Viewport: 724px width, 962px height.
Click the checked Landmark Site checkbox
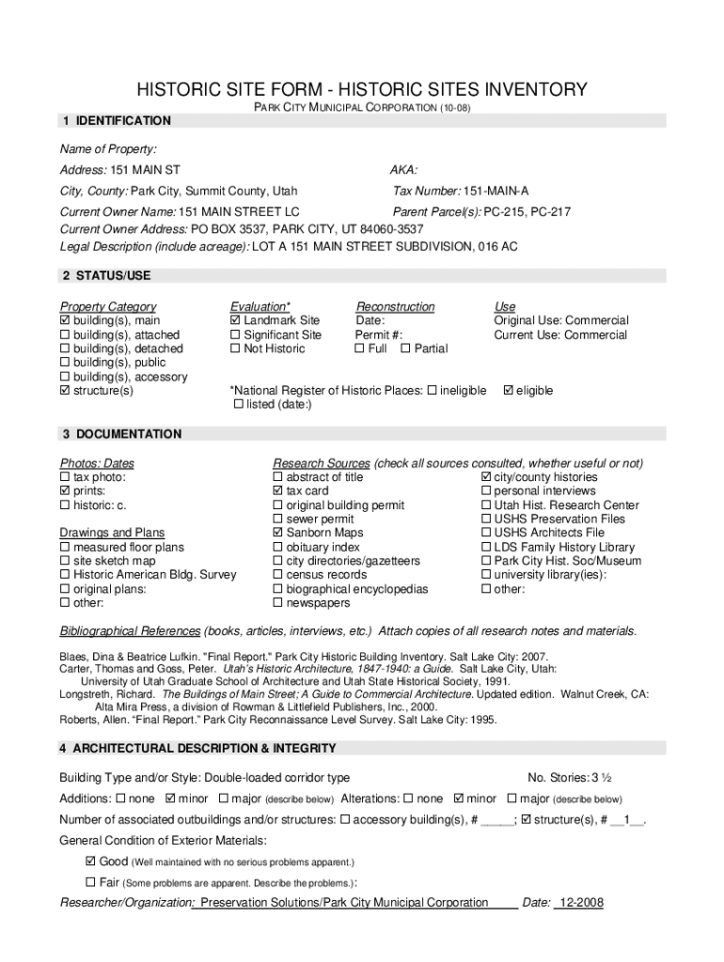click(235, 321)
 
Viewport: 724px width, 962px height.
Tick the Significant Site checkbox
click(235, 335)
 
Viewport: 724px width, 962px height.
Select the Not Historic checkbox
click(235, 349)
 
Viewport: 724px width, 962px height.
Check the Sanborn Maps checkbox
click(277, 534)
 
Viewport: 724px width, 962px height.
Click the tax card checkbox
click(277, 491)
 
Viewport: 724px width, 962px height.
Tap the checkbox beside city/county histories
click(485, 477)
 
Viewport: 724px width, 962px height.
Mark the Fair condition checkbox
click(90, 882)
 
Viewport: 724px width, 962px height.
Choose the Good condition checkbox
click(90, 861)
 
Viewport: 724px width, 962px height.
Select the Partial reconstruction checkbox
click(405, 349)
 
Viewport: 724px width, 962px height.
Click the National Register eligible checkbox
click(510, 391)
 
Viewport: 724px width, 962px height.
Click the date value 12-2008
click(581, 903)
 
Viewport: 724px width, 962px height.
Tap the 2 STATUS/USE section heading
click(105, 275)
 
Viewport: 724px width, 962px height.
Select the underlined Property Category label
click(108, 307)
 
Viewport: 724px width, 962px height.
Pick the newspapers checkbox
click(277, 603)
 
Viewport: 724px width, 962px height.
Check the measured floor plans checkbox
click(65, 548)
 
